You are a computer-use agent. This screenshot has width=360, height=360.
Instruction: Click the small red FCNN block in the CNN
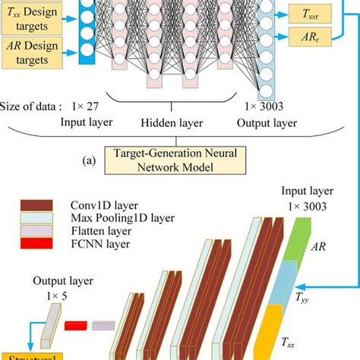click(75, 326)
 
